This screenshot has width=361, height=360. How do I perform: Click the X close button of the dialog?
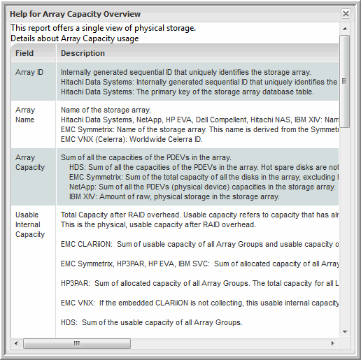346,14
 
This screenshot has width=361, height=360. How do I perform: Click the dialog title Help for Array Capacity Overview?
75,14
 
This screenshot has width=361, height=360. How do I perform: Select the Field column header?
24,53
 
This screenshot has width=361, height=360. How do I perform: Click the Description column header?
83,53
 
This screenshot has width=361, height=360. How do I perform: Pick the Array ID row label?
29,72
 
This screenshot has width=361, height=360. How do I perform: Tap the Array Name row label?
25,115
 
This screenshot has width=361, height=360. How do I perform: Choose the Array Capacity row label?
30,162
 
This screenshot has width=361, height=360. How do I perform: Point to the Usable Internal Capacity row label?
30,224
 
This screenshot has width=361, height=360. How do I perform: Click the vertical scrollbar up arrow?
345,29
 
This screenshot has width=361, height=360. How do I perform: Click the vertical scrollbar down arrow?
345,331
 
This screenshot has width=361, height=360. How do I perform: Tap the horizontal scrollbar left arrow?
16,343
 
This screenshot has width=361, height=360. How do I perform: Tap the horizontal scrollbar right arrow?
332,343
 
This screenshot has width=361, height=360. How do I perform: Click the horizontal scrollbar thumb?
77,343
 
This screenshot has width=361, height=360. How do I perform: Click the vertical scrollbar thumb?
345,81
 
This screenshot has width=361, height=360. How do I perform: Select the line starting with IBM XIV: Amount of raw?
174,196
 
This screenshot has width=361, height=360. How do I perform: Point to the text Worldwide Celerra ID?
166,139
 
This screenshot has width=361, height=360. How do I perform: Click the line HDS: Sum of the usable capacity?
152,322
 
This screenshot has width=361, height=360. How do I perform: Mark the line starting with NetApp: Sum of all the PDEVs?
202,187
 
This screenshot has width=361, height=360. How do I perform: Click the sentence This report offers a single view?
104,28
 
